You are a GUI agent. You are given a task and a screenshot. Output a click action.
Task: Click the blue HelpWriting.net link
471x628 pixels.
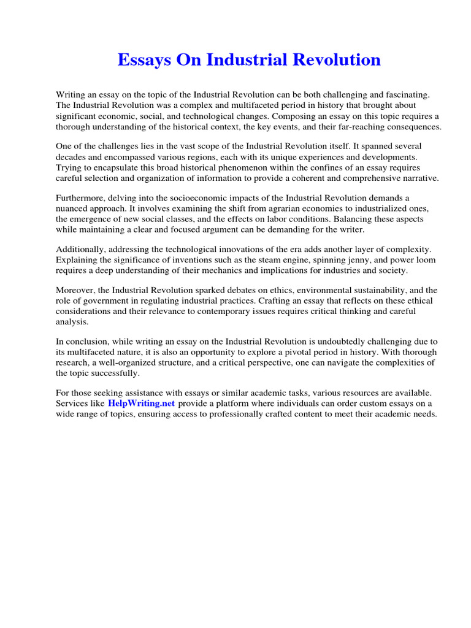[142, 403]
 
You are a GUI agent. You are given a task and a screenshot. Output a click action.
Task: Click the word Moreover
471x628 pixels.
[76, 291]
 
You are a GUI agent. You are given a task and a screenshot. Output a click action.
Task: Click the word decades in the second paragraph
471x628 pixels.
[72, 157]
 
